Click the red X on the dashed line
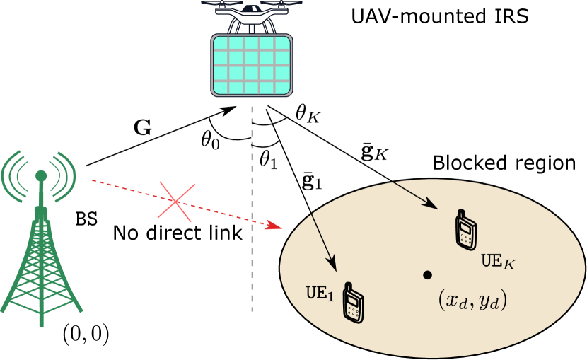click(x=176, y=202)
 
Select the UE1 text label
click(x=319, y=292)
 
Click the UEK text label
click(x=499, y=261)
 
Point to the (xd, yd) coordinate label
click(x=472, y=301)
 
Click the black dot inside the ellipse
click(x=427, y=274)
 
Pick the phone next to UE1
click(x=353, y=305)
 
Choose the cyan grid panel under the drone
click(x=251, y=65)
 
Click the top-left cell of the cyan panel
click(x=221, y=43)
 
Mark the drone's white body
click(x=251, y=12)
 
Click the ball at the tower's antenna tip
click(x=41, y=174)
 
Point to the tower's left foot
click(x=5, y=308)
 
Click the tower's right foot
click(x=79, y=308)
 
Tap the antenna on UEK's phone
click(x=460, y=213)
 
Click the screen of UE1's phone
click(x=353, y=301)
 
